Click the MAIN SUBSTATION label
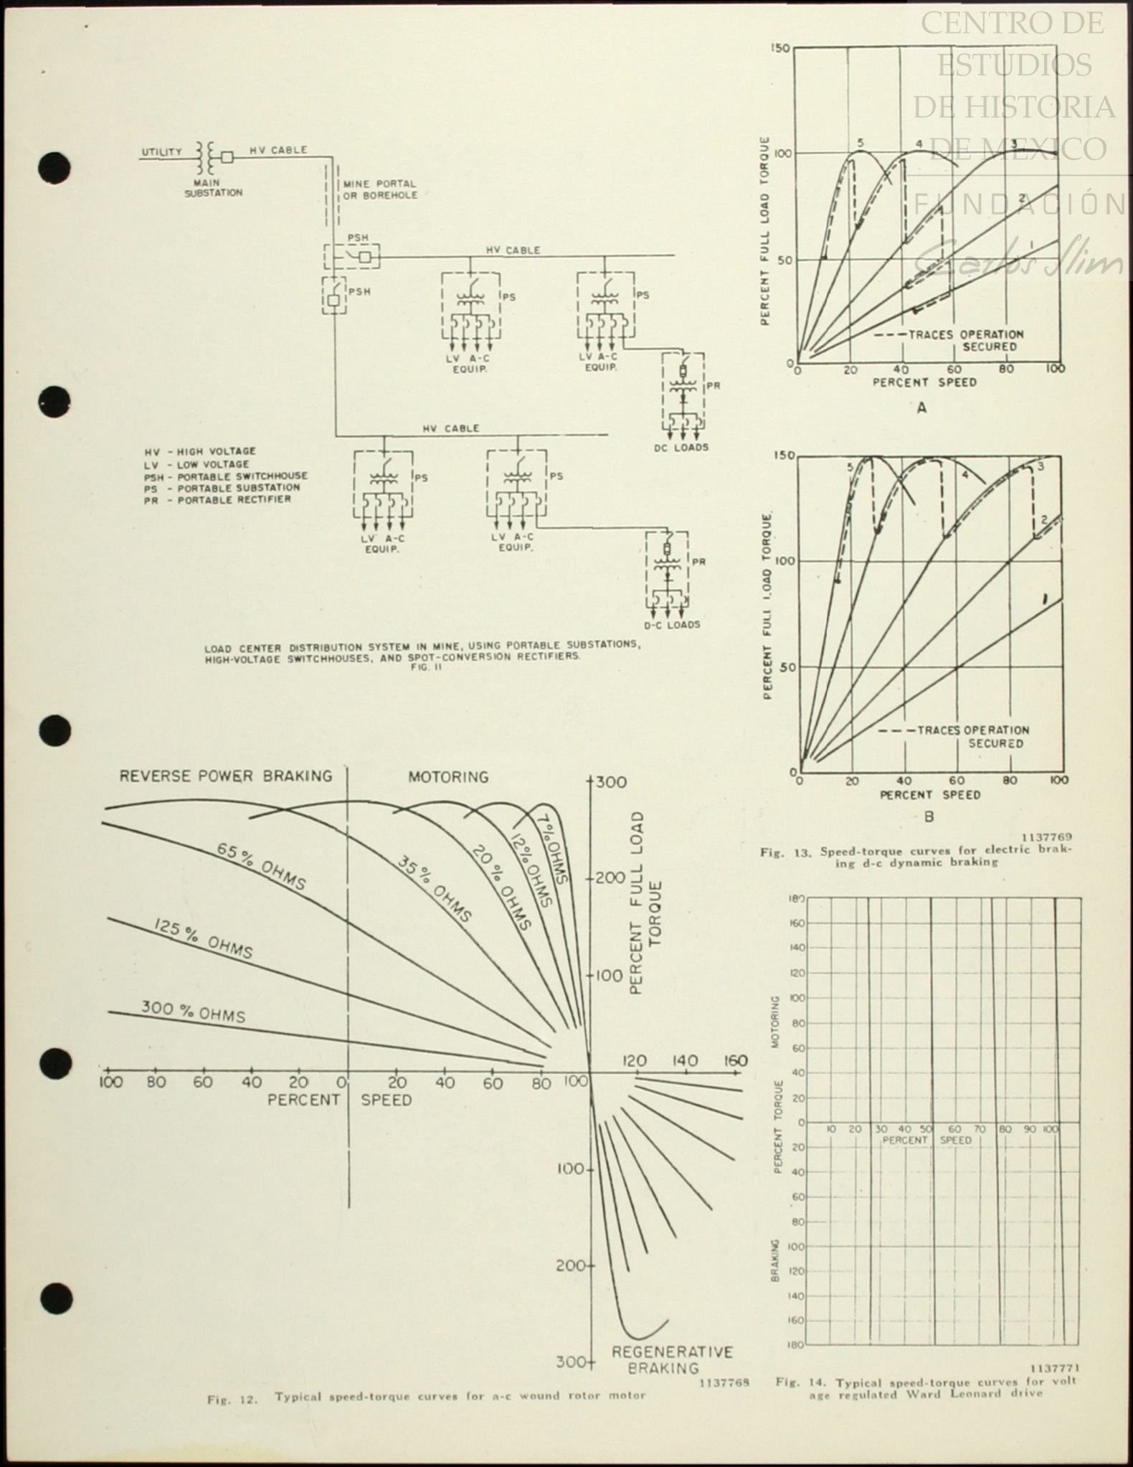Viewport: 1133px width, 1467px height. click(x=213, y=188)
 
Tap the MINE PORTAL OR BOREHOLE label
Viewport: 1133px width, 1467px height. click(x=380, y=189)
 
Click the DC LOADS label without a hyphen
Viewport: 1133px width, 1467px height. click(x=681, y=448)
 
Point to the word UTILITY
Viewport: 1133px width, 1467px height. click(x=161, y=152)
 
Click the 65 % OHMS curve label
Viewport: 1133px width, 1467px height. click(x=261, y=866)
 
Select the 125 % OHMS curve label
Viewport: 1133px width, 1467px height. click(x=203, y=937)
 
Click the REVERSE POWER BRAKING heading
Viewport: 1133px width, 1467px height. click(x=226, y=776)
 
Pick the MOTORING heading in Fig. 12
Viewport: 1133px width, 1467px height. click(x=448, y=777)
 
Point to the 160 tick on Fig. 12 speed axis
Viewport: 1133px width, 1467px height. click(x=735, y=1060)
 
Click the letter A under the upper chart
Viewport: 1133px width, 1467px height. click(x=921, y=407)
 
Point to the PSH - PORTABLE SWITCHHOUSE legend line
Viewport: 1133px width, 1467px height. click(x=226, y=476)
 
